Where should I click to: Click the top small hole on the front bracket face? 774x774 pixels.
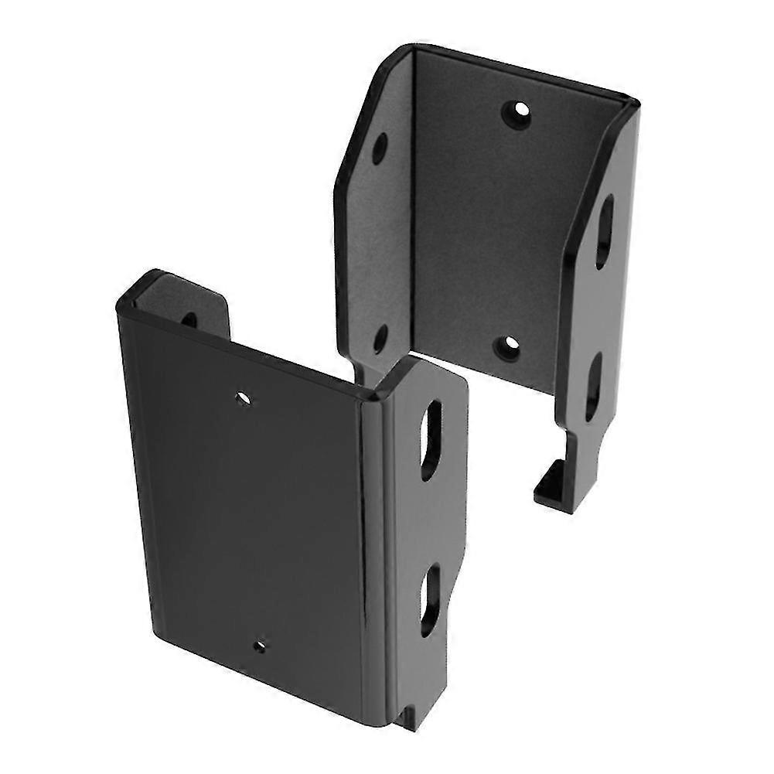point(244,398)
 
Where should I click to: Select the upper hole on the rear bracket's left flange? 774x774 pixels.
point(379,149)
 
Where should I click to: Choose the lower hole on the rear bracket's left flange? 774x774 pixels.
point(379,337)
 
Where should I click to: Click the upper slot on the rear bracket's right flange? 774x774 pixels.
point(604,232)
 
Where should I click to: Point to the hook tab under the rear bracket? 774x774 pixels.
point(551,483)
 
